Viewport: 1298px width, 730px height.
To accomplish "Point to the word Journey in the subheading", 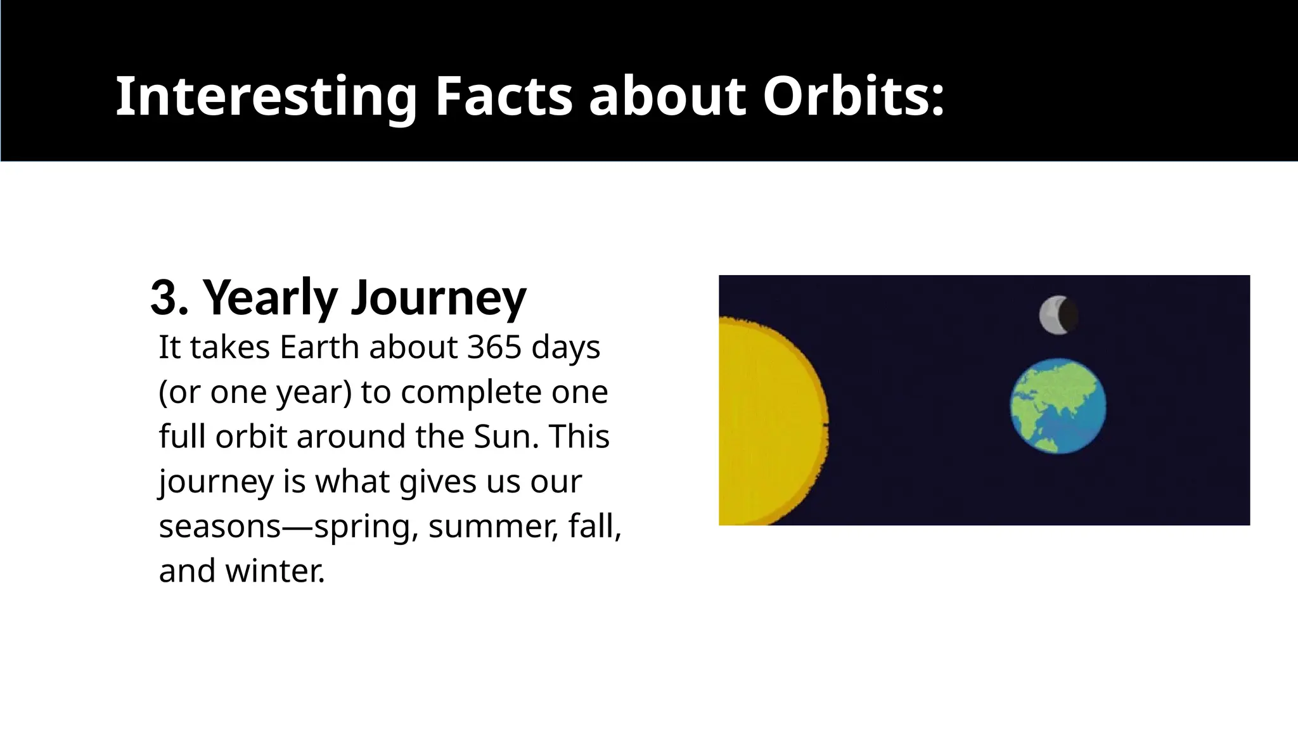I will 439,298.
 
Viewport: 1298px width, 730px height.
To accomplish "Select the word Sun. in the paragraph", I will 506,437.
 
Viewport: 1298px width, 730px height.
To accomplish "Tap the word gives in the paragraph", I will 437,482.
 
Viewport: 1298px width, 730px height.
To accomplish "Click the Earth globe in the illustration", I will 1058,406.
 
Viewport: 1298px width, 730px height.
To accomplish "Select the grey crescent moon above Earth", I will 1056,315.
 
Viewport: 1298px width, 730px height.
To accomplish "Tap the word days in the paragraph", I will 565,347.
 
